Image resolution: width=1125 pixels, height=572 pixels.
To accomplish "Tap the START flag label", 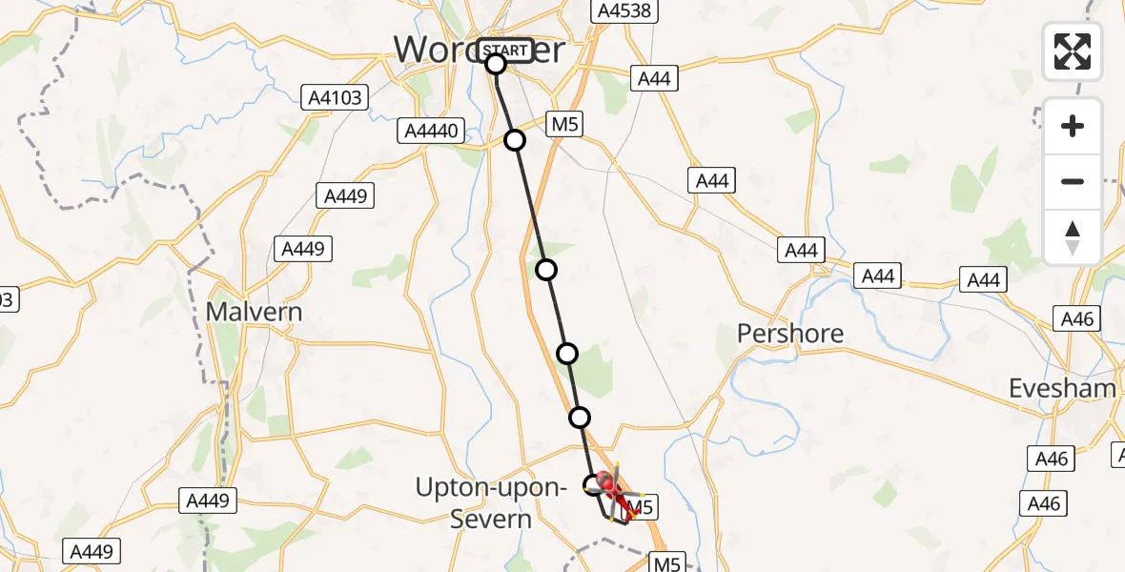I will pyautogui.click(x=503, y=50).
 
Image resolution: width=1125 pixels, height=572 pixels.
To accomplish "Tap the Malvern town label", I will pyautogui.click(x=255, y=312).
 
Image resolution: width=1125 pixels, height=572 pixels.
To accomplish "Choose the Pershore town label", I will pyautogui.click(x=790, y=334).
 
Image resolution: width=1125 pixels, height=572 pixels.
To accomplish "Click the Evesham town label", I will pyautogui.click(x=1063, y=388).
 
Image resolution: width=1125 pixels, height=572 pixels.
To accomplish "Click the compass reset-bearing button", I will pyautogui.click(x=1073, y=237).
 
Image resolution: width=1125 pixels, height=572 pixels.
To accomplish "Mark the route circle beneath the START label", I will pyautogui.click(x=496, y=64).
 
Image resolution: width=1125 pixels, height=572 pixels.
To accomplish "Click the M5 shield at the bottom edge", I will pyautogui.click(x=667, y=563).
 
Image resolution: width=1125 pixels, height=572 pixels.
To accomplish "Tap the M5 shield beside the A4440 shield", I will pyautogui.click(x=563, y=124).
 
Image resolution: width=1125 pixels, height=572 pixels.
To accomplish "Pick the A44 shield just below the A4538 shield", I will pyautogui.click(x=654, y=78).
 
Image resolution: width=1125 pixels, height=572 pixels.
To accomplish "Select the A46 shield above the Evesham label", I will pyautogui.click(x=1074, y=317).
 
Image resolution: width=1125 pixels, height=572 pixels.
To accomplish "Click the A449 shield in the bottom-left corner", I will pyautogui.click(x=91, y=551).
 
